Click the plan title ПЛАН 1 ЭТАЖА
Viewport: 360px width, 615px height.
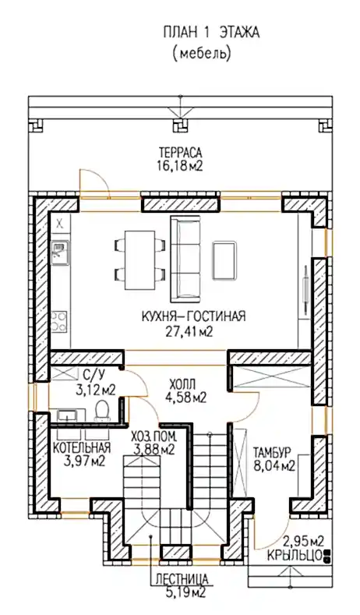[x=211, y=33]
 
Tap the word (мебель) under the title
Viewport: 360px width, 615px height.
[x=202, y=54]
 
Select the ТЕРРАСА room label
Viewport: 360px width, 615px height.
[x=180, y=152]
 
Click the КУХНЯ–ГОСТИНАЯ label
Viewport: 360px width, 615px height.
[x=193, y=316]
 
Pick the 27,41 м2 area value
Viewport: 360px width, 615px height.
[x=189, y=331]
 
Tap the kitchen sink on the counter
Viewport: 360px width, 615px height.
[x=59, y=253]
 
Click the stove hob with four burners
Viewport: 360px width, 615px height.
[x=59, y=321]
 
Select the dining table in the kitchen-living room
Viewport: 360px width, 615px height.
[x=139, y=260]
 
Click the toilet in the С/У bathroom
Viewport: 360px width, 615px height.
[x=102, y=410]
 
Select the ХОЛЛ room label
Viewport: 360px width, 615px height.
[x=182, y=383]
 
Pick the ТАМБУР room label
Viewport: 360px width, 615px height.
[x=272, y=452]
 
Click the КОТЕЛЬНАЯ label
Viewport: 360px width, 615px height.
[x=82, y=447]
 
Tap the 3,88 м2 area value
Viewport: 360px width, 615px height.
[x=154, y=450]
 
